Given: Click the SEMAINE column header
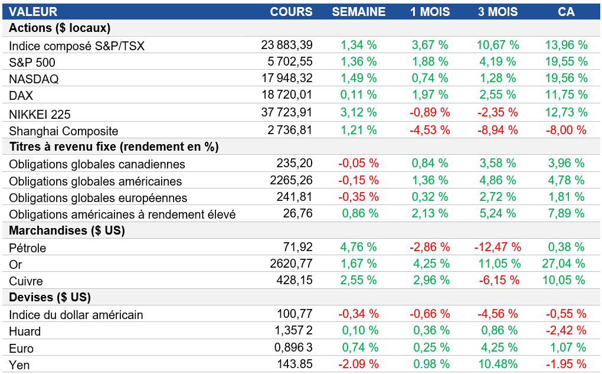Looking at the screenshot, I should click(x=358, y=12).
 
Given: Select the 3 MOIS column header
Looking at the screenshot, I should click(x=498, y=12).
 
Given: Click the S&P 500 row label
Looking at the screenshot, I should click(x=32, y=62).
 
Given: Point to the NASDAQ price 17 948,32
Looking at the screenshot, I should click(x=287, y=78).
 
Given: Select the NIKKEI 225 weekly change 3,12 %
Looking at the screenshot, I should click(x=358, y=112).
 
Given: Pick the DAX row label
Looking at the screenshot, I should click(x=21, y=95).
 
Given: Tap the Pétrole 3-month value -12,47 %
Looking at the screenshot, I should click(x=498, y=247).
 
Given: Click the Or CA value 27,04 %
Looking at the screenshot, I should click(x=565, y=264).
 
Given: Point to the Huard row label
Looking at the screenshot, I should click(x=25, y=331).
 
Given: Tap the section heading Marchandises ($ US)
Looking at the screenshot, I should click(x=67, y=230).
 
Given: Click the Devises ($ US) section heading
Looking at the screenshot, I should click(x=50, y=297).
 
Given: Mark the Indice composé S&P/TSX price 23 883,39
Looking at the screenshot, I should click(x=287, y=45).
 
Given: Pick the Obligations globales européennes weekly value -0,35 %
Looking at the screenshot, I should click(x=358, y=197).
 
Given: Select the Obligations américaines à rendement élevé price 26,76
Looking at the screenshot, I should click(x=297, y=214).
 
